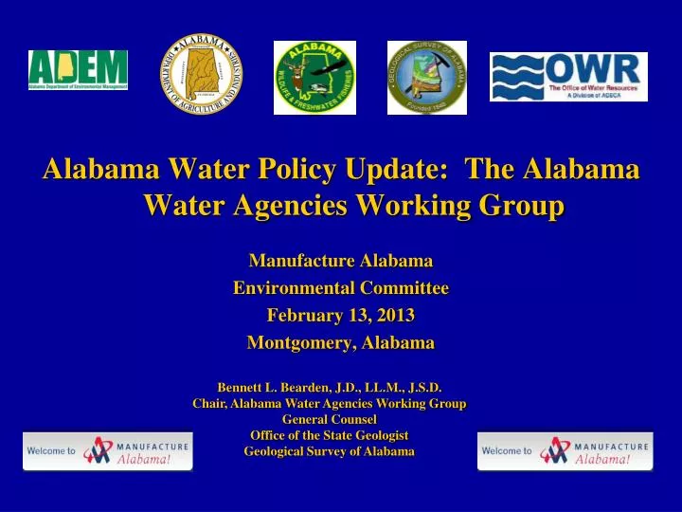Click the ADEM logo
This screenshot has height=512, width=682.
78,70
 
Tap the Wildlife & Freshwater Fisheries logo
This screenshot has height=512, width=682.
314,78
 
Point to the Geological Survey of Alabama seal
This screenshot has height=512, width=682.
427,78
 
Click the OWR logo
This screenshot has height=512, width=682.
568,77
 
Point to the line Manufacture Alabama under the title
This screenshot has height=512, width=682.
341,260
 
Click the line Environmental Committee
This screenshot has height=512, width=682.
341,287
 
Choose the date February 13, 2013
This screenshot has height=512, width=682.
341,315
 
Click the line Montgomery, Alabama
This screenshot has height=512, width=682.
341,342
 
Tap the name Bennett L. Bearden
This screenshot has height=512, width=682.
275,387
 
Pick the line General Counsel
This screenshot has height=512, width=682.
330,418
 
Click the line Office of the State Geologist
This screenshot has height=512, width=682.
330,434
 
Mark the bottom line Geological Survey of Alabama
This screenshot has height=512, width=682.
330,451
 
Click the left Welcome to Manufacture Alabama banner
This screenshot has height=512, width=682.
108,450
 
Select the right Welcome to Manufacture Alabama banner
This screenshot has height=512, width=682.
565,450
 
